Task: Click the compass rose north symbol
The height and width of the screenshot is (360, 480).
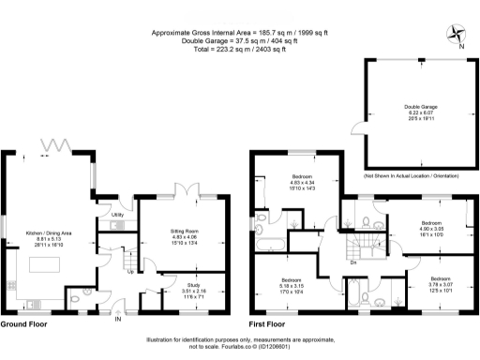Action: point(457,34)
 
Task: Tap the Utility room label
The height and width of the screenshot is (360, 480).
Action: point(118,215)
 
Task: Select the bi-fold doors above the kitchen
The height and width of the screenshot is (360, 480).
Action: point(58,144)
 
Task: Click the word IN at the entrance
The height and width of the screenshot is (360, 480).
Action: point(118,320)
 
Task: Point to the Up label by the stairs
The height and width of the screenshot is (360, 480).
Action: point(129,273)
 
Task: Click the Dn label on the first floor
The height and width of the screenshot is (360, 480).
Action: point(352,262)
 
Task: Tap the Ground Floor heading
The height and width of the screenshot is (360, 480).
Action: point(23,323)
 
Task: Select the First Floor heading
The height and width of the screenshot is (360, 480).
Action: point(272,323)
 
